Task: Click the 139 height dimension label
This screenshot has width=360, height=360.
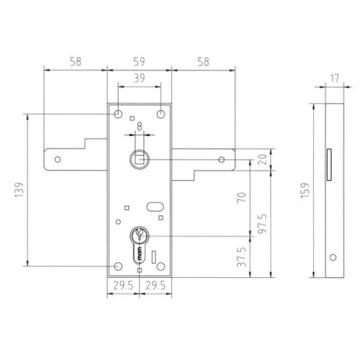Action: [19, 189]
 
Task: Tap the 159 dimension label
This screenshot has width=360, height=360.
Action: [305, 191]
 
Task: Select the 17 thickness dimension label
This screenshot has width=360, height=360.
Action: [334, 78]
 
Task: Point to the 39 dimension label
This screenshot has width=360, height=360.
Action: [139, 78]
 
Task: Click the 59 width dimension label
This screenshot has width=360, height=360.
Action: [139, 62]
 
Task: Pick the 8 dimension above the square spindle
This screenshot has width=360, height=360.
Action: [140, 127]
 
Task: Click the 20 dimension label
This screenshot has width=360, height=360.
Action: [262, 159]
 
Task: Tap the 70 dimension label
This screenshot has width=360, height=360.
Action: [242, 197]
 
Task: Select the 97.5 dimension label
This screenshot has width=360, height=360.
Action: [262, 224]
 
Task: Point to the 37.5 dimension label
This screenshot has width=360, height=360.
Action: [242, 257]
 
